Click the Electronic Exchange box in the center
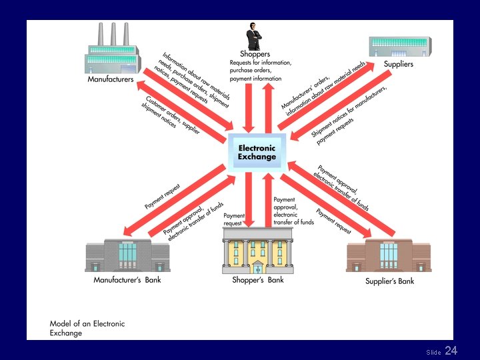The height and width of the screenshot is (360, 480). click(x=257, y=152)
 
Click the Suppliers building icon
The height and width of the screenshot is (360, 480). click(x=399, y=47)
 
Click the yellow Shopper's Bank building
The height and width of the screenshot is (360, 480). click(x=257, y=251)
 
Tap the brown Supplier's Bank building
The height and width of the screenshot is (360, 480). click(x=389, y=255)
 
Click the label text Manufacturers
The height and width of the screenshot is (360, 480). click(x=111, y=79)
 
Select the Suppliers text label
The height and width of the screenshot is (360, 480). click(x=399, y=65)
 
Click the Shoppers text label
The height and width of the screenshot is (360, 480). click(x=255, y=53)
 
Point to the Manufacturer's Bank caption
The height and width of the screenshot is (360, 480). click(x=127, y=280)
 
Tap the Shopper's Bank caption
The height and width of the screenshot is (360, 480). click(x=257, y=280)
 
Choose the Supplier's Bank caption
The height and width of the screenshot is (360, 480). click(x=389, y=281)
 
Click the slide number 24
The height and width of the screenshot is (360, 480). click(x=451, y=351)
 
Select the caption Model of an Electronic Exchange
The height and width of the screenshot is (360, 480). click(x=87, y=328)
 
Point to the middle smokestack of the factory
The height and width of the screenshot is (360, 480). click(x=113, y=33)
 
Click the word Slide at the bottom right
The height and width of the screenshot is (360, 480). click(x=433, y=352)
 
